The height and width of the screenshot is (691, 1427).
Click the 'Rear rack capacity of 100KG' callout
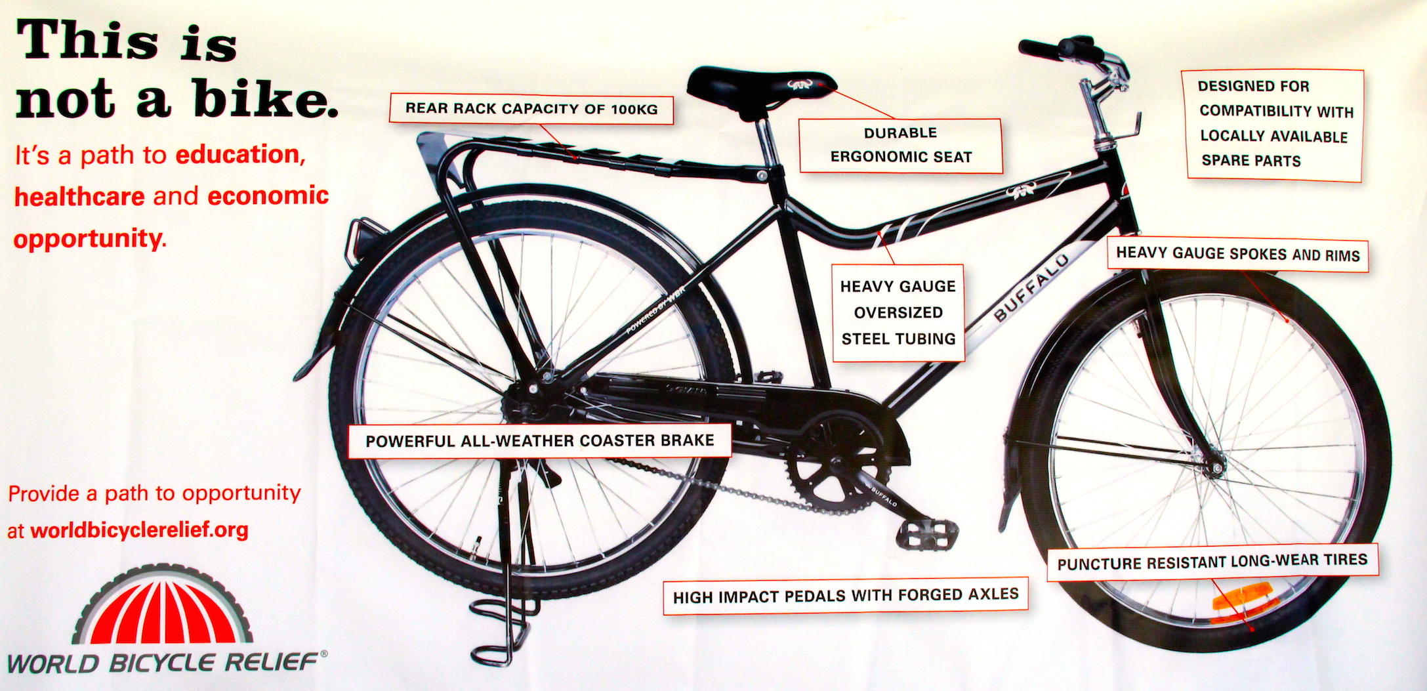coord(531,109)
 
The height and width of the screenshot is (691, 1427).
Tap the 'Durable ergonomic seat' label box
coord(901,146)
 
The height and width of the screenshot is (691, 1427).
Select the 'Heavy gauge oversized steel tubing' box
coord(898,312)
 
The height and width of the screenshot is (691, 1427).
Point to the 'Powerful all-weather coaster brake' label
coord(539,440)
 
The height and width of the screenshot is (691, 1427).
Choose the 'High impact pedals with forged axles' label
coord(845,597)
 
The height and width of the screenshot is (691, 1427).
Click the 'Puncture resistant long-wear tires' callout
coord(1212,562)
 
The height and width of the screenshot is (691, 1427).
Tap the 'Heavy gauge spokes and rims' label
coord(1237,254)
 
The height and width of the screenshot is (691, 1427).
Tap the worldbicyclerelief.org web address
coord(139,530)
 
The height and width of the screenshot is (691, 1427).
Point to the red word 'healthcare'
coord(79,196)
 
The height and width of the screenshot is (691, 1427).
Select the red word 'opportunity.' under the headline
coord(90,238)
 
